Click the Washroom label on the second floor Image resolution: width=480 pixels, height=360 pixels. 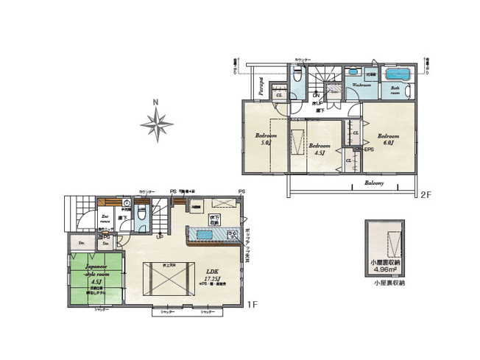pos(361,85)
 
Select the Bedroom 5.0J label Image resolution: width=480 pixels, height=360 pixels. pos(266,139)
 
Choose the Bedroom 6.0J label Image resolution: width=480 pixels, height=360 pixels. pos(388,139)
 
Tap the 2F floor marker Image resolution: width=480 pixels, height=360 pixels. pos(425,195)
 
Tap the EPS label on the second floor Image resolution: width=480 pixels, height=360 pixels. pos(368,150)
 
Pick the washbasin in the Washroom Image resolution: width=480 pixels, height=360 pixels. pos(351,74)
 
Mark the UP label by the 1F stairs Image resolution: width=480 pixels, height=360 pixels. pos(160,237)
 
